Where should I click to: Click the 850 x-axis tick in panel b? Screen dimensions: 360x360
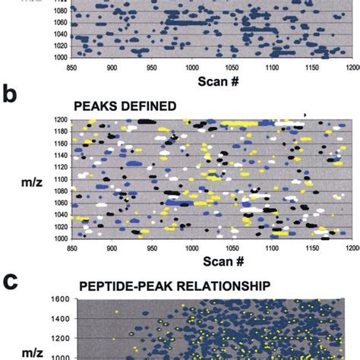coord(72,247)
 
